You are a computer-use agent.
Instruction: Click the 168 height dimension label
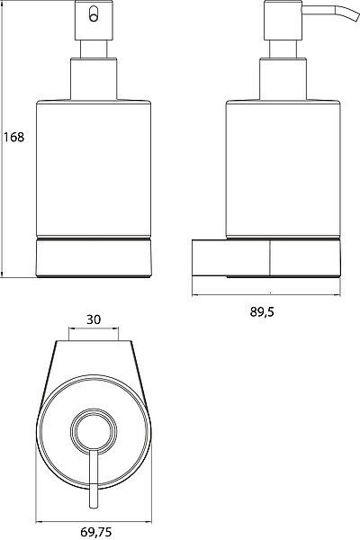13,137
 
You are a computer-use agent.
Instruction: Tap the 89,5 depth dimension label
262,311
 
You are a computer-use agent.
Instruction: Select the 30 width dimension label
94,319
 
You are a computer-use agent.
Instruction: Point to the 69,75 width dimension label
96,532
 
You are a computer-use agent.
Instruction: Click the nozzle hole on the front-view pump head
94,15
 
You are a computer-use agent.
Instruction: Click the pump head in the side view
283,21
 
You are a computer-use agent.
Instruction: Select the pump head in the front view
94,21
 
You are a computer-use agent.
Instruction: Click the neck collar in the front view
94,79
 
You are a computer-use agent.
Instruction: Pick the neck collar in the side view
283,79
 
